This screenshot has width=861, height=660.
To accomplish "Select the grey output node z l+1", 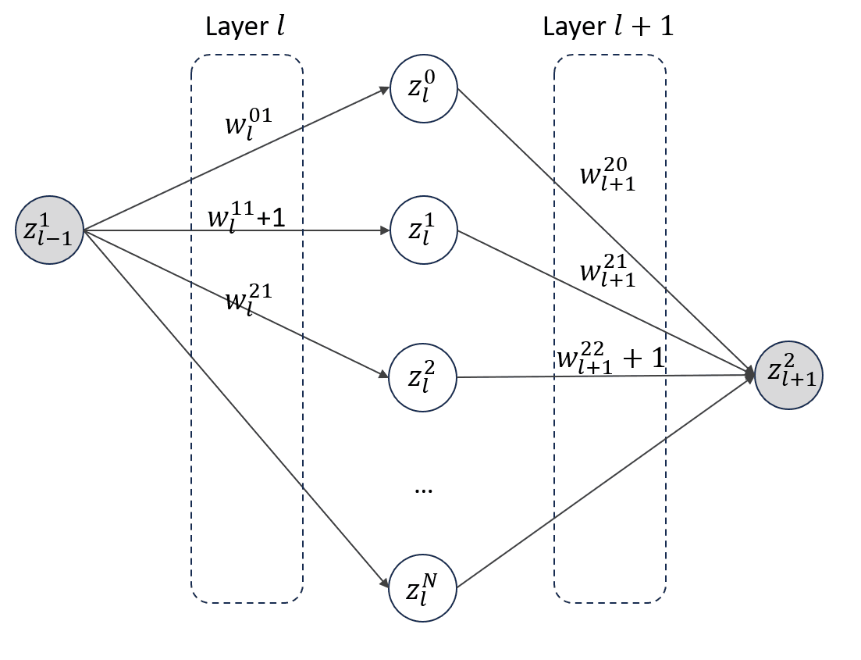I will [x=789, y=376].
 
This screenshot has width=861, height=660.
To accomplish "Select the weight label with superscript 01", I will [x=247, y=123].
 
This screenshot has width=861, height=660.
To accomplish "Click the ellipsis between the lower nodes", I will [x=423, y=491].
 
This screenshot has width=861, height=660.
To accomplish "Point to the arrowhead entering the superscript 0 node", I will [x=384, y=90].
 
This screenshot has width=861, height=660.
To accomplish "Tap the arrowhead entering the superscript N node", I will [x=384, y=583].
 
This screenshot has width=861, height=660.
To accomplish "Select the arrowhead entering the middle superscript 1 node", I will [x=384, y=230].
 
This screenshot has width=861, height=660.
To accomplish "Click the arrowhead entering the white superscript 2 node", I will [x=383, y=374].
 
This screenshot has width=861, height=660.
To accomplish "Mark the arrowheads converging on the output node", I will [x=750, y=376].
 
